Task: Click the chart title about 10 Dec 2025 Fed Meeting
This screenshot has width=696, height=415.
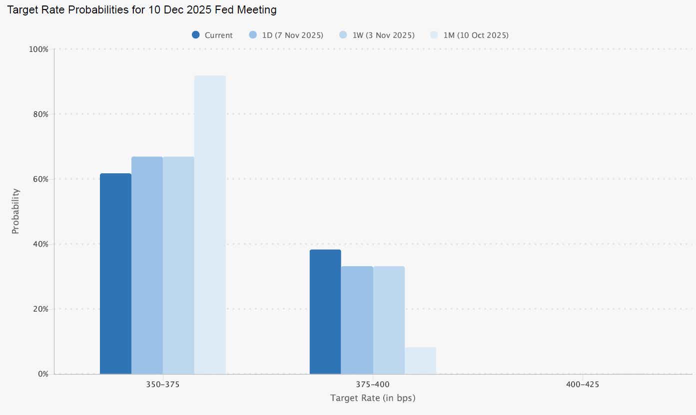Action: coord(141,10)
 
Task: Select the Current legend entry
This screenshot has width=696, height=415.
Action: coord(212,35)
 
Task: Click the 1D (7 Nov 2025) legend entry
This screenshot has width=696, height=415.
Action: coord(286,35)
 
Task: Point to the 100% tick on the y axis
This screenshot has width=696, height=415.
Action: coord(39,49)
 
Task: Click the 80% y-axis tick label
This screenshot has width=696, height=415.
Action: coord(40,114)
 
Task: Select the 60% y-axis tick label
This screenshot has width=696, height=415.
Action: coord(40,179)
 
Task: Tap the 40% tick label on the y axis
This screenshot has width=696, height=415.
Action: coord(40,244)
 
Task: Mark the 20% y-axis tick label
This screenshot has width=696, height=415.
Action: coord(40,309)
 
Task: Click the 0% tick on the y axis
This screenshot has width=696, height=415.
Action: coord(42,374)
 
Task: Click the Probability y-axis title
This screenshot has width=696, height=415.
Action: coord(15,211)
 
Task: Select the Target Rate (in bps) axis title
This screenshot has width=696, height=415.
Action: coord(373,398)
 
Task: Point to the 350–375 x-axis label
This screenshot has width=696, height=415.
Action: coord(163,385)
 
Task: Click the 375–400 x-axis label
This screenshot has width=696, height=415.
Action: coord(373,385)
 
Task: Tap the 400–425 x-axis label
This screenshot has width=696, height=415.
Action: coord(583,385)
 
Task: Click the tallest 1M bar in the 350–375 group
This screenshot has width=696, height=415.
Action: coord(210,225)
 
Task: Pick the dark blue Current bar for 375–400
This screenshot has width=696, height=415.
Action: coord(325,312)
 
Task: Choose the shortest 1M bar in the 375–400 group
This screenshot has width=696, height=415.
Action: coord(420,361)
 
